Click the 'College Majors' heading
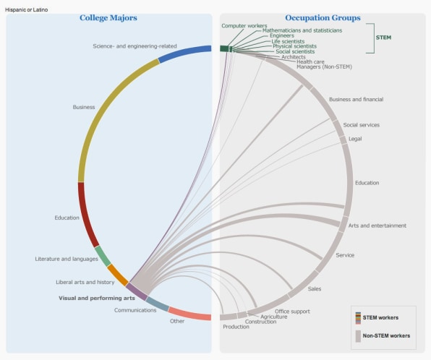coord(108,18)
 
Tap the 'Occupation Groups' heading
coord(323,18)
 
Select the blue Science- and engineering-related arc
coord(184,53)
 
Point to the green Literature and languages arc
coord(103,256)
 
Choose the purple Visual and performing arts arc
coord(137,292)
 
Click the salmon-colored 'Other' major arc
coord(189,314)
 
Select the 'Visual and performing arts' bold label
coord(97,298)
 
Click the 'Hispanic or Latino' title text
coord(26,10)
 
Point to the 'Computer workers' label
coord(244,26)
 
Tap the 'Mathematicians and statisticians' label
coord(302,30)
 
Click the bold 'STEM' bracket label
coord(383,38)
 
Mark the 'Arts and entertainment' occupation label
coord(377,226)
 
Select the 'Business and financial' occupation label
coord(357,100)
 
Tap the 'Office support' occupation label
coord(292,312)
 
